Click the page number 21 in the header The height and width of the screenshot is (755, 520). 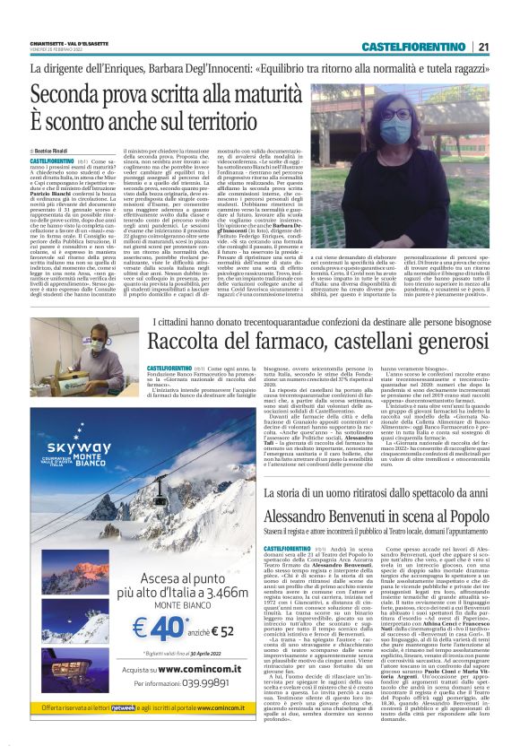click(x=483, y=47)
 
